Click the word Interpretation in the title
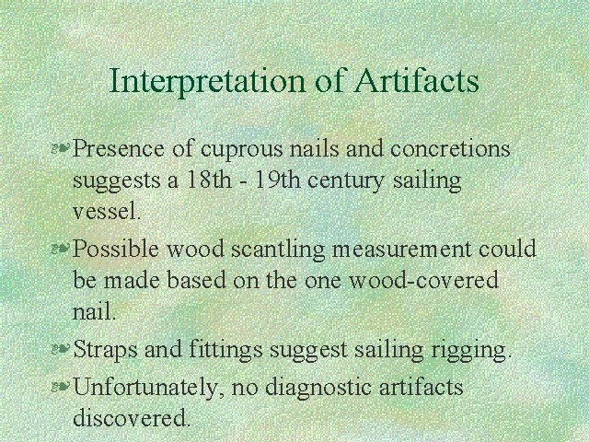click(x=207, y=81)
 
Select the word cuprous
click(x=241, y=150)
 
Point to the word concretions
click(x=450, y=148)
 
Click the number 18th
click(x=209, y=180)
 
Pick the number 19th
click(x=278, y=180)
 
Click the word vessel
click(x=107, y=211)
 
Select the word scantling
click(x=278, y=250)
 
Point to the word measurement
click(x=401, y=250)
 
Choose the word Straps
click(x=106, y=350)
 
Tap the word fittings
click(x=225, y=350)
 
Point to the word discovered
click(x=132, y=418)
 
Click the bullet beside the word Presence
click(x=60, y=147)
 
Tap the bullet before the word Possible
click(x=60, y=248)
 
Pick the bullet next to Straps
click(x=60, y=349)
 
